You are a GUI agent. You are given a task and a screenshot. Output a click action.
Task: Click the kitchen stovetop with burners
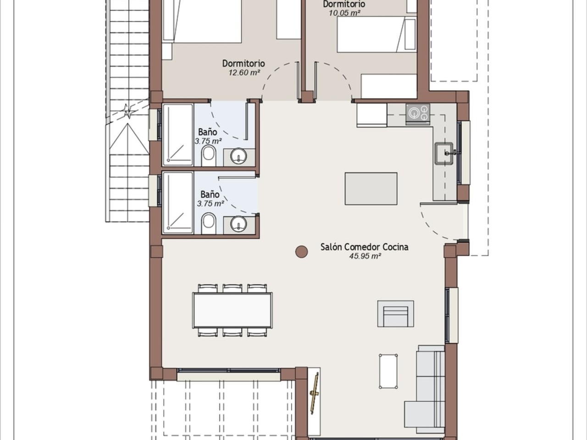tap(418, 114)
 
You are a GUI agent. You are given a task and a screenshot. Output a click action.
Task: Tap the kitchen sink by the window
tap(444, 153)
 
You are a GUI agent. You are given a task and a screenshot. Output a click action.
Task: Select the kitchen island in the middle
tap(371, 189)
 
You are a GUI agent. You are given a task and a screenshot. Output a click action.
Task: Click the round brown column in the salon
tap(301, 252)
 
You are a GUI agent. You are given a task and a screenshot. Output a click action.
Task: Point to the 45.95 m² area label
tap(365, 256)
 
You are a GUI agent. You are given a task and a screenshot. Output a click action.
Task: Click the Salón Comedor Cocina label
tap(364, 247)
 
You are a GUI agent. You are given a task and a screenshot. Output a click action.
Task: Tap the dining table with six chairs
tap(233, 310)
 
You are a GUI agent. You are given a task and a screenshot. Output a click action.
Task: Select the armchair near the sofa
tap(395, 313)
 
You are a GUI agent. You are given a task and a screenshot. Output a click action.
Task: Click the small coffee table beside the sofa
tap(388, 371)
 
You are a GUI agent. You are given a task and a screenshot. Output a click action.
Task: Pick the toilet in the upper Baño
tap(209, 156)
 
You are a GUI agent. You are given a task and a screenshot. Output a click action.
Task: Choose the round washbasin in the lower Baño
tap(238, 224)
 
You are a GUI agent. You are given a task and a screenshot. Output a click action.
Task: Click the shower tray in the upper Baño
tap(177, 135)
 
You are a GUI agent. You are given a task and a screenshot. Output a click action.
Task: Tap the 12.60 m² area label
tap(244, 72)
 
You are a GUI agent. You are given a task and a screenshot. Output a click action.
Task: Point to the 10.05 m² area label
tap(344, 13)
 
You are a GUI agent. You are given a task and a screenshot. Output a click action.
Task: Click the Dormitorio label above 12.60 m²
tap(244, 64)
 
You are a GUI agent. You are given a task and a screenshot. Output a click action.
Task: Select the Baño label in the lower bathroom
tap(210, 194)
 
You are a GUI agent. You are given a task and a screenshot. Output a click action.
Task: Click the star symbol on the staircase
tap(128, 110)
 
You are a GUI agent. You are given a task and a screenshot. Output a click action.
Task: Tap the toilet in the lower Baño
tap(209, 223)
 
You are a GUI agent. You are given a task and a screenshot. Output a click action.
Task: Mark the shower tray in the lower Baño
tap(177, 203)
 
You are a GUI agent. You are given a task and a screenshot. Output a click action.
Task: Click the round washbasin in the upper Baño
tap(238, 156)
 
